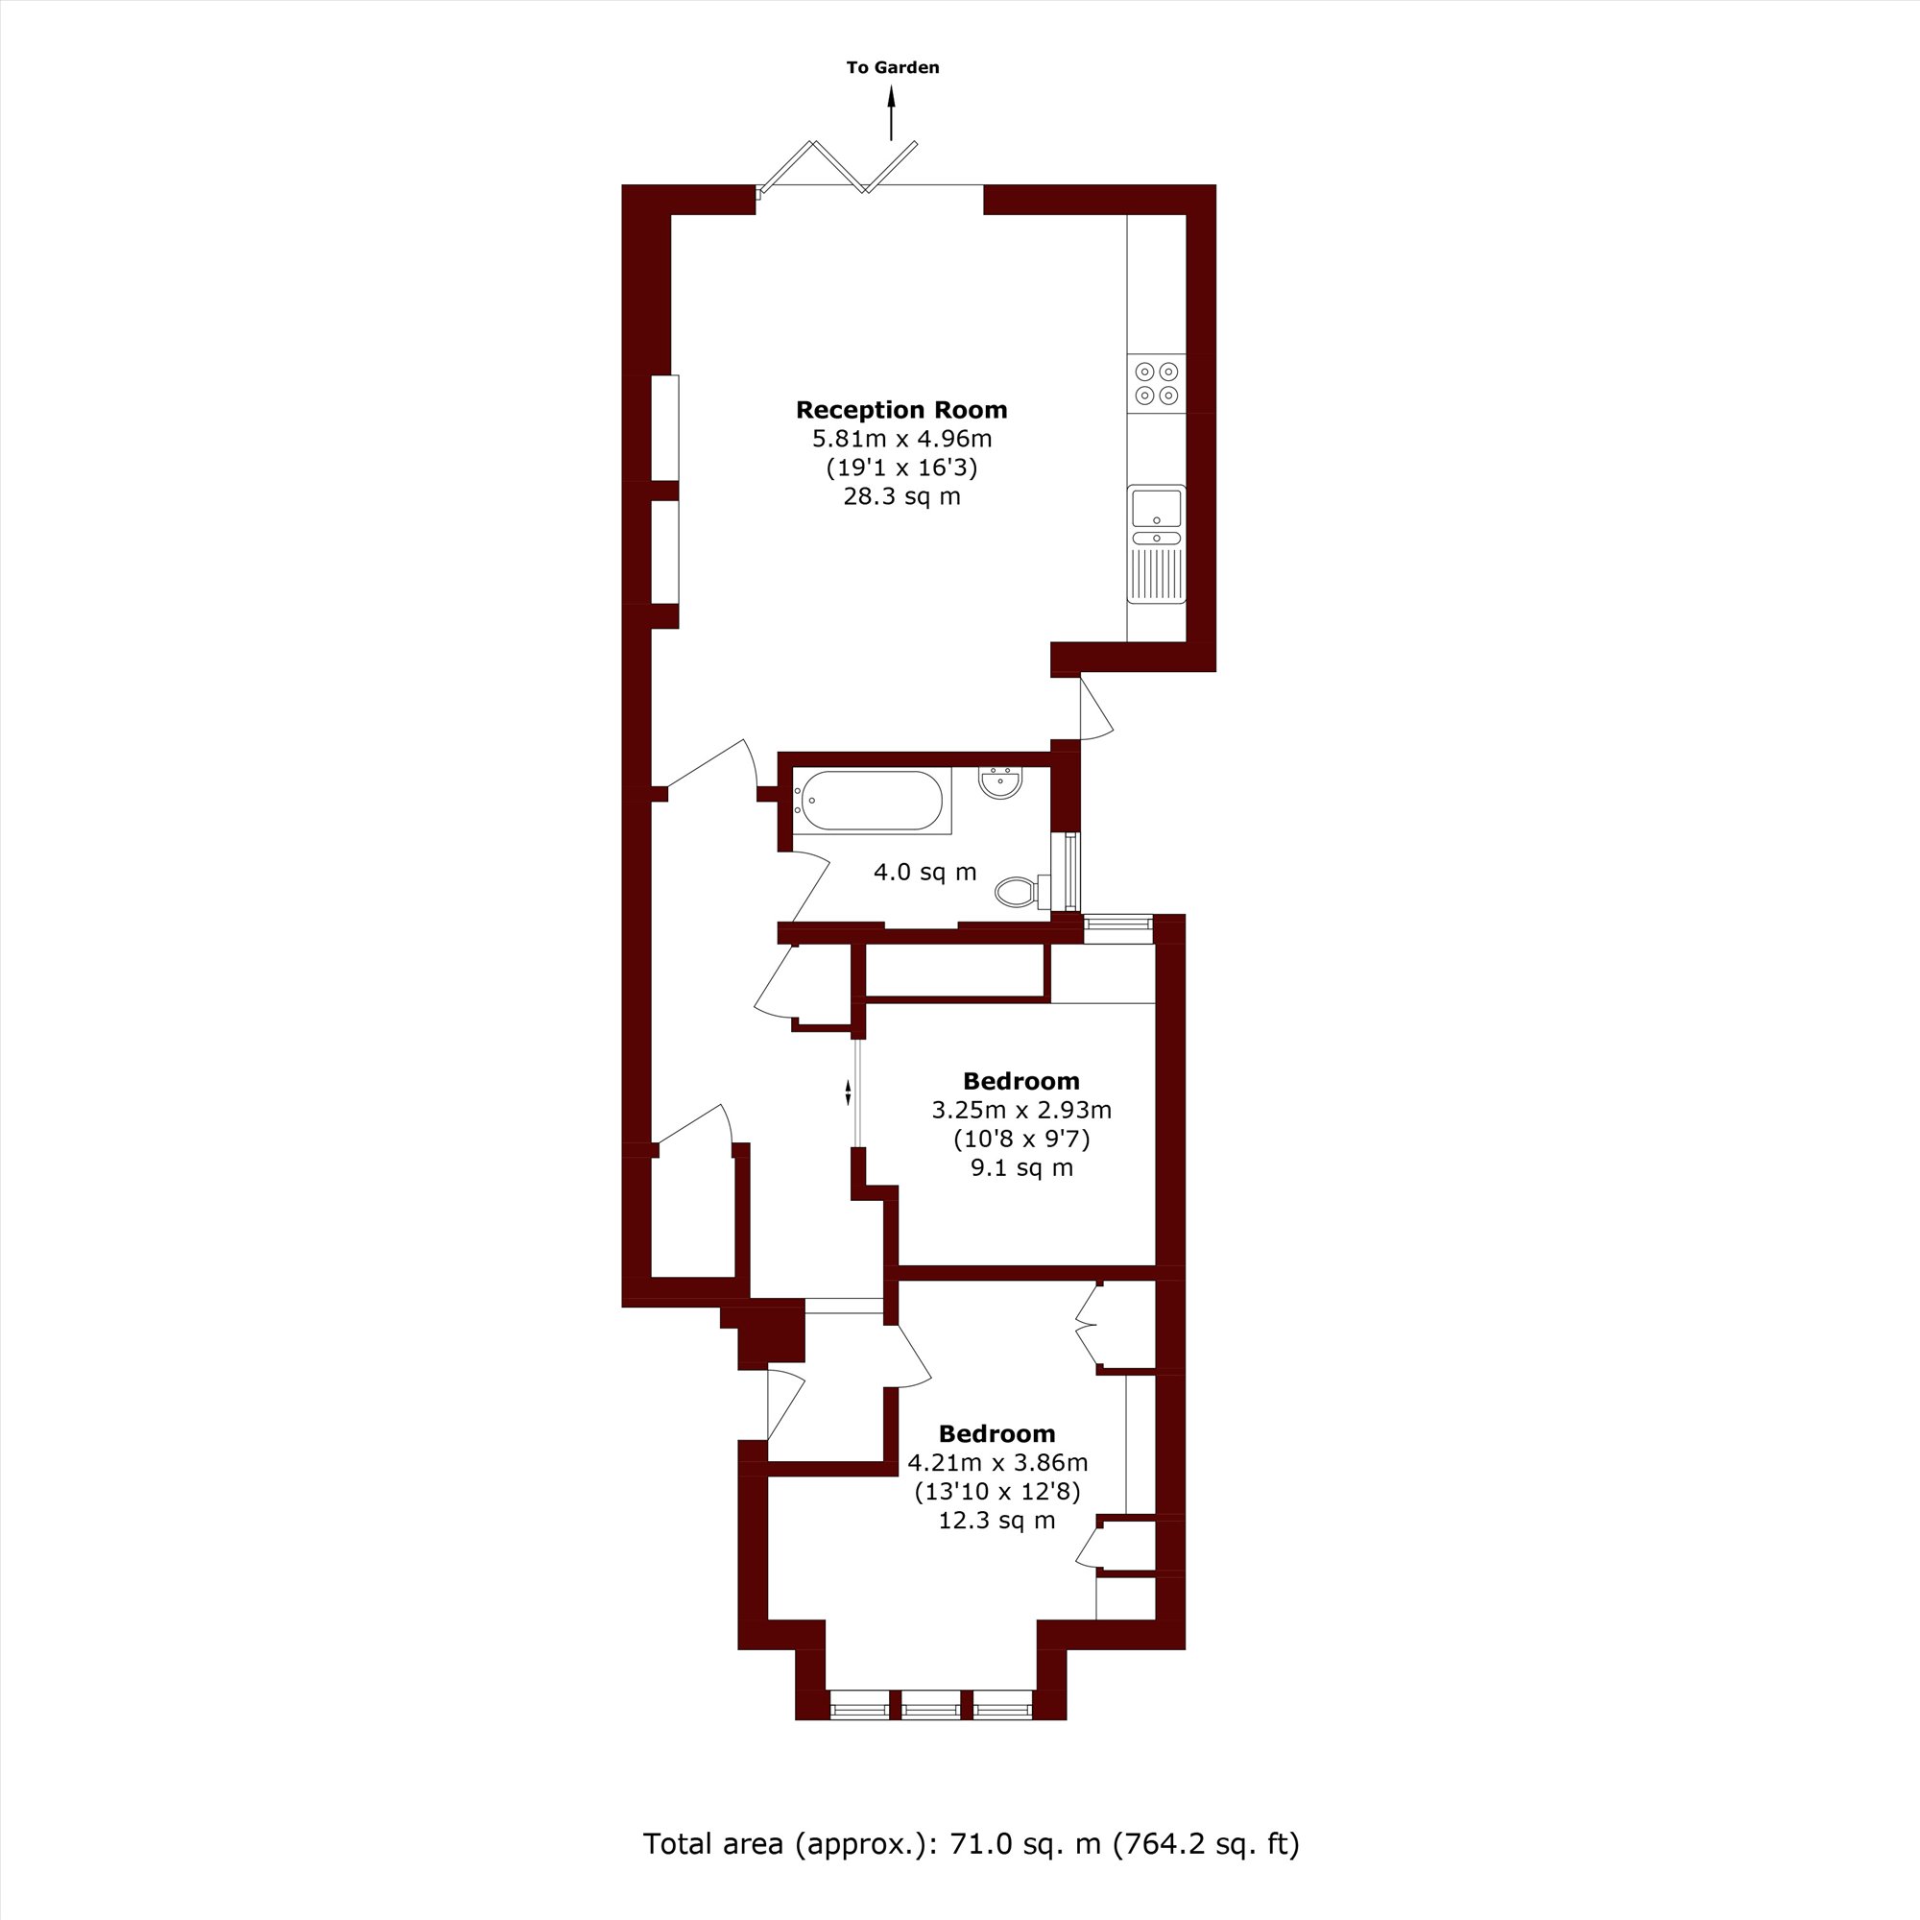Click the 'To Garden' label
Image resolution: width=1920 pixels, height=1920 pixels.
(893, 67)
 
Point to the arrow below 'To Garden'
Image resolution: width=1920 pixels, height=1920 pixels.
(892, 112)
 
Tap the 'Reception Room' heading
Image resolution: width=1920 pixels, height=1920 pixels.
(901, 410)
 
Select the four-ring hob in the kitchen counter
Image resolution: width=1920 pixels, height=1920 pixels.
(1157, 384)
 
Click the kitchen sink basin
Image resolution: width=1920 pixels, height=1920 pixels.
(1157, 509)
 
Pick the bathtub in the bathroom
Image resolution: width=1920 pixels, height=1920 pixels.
(872, 801)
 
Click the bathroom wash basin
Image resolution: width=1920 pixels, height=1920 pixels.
(999, 782)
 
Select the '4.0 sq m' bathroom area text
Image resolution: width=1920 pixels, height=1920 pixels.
(925, 873)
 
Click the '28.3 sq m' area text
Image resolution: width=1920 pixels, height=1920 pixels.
(902, 496)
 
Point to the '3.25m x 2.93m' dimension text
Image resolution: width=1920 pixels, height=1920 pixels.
(1021, 1109)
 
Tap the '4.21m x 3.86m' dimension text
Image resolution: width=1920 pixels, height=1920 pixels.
(997, 1462)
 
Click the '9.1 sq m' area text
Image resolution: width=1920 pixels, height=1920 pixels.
(1021, 1167)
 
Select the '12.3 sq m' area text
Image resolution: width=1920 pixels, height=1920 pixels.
(996, 1521)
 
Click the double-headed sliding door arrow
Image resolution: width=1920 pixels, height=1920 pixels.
(848, 1092)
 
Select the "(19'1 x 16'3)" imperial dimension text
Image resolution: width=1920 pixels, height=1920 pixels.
(902, 468)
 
